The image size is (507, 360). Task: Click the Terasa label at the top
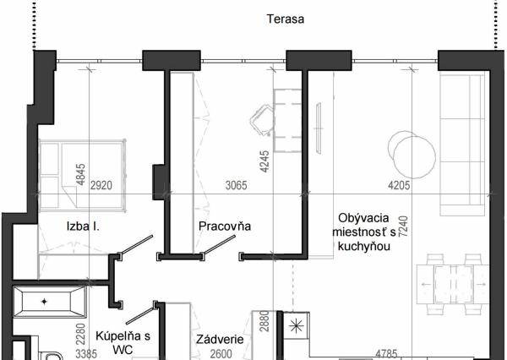pyautogui.click(x=285, y=18)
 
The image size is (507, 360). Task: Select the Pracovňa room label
pyautogui.click(x=225, y=226)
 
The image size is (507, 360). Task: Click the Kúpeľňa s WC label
pyautogui.click(x=123, y=341)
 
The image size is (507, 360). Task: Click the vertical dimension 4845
pyautogui.click(x=80, y=173)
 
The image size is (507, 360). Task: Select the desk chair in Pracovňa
pyautogui.click(x=263, y=119)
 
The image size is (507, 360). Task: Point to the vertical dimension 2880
pyautogui.click(x=263, y=325)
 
